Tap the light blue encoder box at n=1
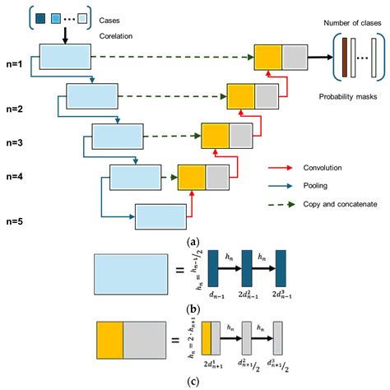pos(65,58)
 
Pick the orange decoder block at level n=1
pos(268,58)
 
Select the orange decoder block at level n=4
pos(191,176)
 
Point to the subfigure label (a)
pos(195,242)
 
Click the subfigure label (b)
pos(195,310)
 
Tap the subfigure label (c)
pos(195,382)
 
